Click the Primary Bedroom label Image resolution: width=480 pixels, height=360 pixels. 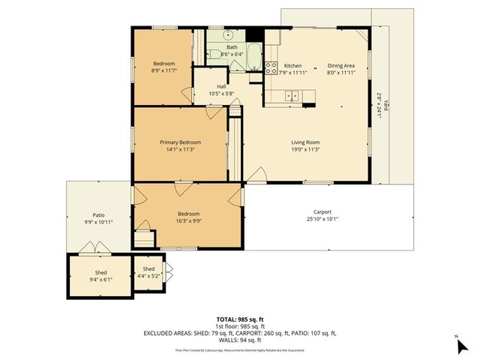(x=180, y=142)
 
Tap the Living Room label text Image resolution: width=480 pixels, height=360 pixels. (x=305, y=142)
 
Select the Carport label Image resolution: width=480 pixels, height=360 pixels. (x=322, y=212)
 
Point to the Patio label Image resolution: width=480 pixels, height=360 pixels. (x=98, y=214)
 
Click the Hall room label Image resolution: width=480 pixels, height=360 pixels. (x=221, y=86)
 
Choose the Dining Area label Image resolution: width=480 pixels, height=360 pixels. (x=340, y=66)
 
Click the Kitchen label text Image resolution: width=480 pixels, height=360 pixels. (x=292, y=66)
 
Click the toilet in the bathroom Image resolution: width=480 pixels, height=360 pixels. (x=214, y=52)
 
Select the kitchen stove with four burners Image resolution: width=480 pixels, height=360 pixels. (x=269, y=67)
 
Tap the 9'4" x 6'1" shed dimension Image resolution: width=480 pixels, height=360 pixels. (x=100, y=280)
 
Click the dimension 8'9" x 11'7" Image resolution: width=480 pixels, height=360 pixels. (x=164, y=70)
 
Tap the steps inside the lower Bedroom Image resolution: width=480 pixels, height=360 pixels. (x=145, y=239)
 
